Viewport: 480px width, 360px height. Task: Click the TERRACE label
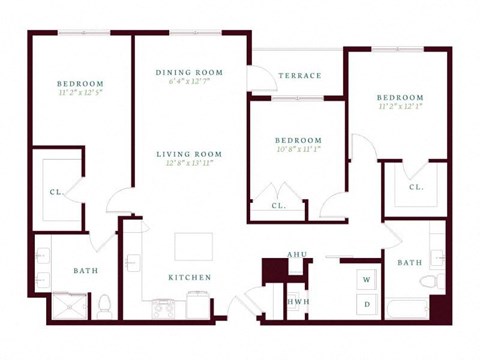[300, 76]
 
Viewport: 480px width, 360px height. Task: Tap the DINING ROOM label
[189, 73]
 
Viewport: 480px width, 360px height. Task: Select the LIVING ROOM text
[189, 154]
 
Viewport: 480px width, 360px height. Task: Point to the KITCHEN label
[189, 277]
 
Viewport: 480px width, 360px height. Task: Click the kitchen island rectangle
[193, 247]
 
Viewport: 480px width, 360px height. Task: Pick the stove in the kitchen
[163, 307]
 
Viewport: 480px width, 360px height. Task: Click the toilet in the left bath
[103, 303]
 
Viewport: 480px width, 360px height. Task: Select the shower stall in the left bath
[69, 305]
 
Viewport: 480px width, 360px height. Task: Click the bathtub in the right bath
[408, 307]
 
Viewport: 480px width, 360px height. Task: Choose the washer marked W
[367, 279]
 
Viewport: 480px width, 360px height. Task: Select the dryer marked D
[367, 302]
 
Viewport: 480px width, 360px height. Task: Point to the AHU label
[296, 255]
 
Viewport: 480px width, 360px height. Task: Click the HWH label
[296, 301]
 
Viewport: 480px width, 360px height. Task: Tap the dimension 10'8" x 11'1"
[299, 150]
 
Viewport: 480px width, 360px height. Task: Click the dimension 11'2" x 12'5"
[80, 92]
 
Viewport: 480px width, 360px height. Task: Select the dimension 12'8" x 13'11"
[189, 163]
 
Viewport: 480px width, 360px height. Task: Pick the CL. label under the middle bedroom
[279, 206]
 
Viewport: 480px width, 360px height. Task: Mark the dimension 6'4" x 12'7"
[189, 83]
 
